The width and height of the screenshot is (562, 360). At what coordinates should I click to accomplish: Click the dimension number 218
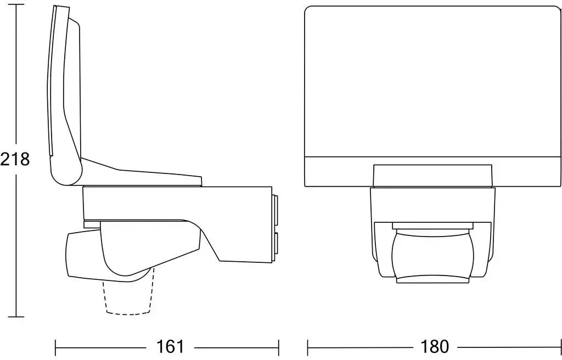point(15,159)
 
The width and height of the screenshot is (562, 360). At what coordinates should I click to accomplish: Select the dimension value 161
point(170,346)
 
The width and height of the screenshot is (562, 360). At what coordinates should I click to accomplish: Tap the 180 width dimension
point(434,346)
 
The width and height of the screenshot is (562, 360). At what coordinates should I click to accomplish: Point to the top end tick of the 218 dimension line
point(16,5)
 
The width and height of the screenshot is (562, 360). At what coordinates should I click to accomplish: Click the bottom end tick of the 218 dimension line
point(16,317)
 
